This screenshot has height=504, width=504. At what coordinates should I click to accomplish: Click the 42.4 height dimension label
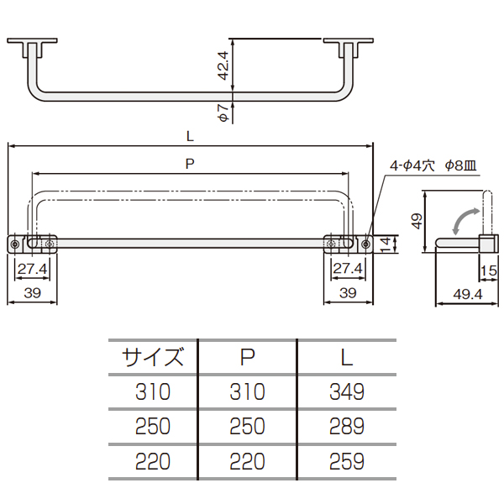coord(223,66)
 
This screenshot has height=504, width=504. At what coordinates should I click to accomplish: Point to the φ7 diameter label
coord(223,113)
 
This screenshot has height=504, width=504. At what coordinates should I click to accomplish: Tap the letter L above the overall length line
coord(190,137)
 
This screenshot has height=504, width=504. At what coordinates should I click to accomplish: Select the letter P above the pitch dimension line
coord(190,164)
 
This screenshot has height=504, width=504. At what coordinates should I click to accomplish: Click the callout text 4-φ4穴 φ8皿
coord(433,165)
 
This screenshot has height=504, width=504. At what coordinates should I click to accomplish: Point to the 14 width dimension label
coord(385,244)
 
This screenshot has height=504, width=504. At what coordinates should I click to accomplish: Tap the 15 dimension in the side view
coord(489,271)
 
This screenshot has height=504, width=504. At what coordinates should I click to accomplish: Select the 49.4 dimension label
coord(468,294)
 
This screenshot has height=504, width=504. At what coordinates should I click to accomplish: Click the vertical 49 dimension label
coord(417,221)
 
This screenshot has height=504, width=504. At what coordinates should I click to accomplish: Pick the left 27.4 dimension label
coord(32,269)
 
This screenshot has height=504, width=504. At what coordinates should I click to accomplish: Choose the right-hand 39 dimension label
coord(348,293)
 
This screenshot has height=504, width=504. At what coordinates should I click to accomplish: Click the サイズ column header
coord(152,357)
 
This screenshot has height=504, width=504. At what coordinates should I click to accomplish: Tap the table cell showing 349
coord(347,391)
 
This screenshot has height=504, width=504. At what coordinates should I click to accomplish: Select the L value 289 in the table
coord(347,426)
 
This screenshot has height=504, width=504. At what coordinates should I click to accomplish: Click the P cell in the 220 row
coord(247,461)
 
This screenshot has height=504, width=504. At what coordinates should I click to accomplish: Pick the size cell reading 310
coord(153,391)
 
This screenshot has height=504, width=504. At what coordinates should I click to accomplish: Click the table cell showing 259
coord(347,461)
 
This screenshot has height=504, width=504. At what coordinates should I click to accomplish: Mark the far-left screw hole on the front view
coord(15,244)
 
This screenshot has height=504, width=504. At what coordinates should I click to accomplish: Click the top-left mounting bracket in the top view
coord(32,48)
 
